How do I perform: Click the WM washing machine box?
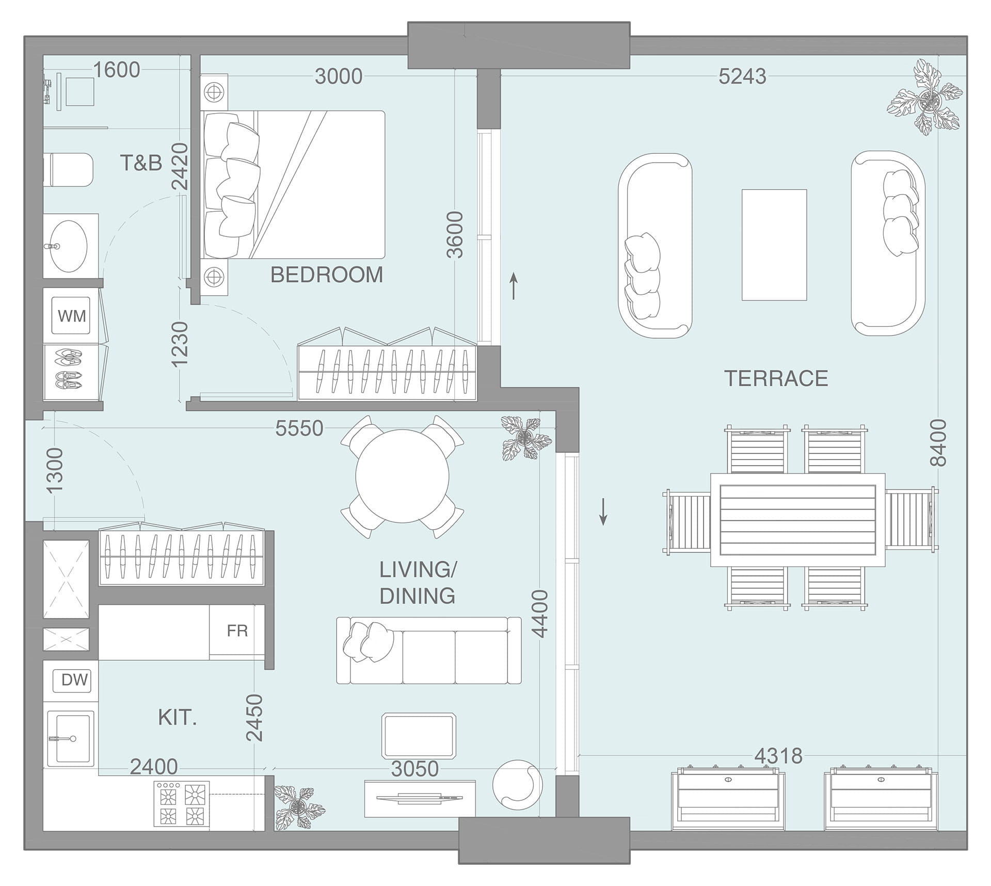tap(72, 315)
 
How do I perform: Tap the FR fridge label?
tap(237, 630)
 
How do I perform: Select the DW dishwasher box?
tap(74, 679)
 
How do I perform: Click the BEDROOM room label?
tap(327, 275)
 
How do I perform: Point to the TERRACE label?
tap(776, 378)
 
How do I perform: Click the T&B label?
tap(141, 163)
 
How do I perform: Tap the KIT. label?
tap(177, 718)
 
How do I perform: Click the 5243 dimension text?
tap(742, 76)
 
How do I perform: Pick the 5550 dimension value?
tap(299, 428)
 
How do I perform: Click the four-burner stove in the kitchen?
tap(182, 805)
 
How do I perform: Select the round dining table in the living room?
tap(402, 476)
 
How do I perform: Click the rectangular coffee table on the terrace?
tap(774, 245)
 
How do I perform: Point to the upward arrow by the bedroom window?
tap(514, 287)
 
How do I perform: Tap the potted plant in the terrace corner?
tap(925, 98)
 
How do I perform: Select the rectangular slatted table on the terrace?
tap(798, 520)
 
